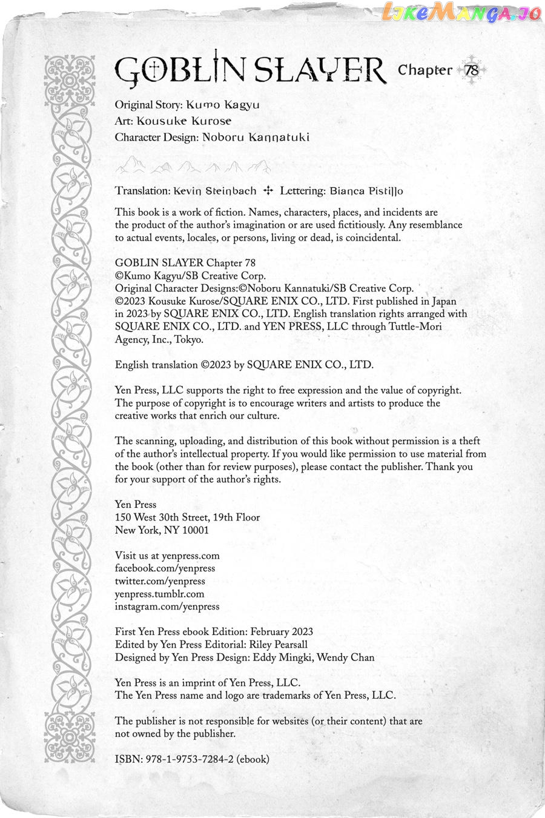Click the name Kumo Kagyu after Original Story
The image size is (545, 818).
point(223,104)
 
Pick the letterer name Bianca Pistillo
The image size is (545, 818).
point(366,191)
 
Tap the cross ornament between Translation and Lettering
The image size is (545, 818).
point(268,191)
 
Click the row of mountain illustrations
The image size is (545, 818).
point(193,165)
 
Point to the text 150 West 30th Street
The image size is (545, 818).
point(162,517)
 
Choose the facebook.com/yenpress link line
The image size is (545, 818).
point(165,568)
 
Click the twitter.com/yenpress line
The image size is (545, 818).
point(160,581)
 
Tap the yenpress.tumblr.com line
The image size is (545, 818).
point(159,594)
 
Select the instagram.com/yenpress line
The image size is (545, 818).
point(167,607)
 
